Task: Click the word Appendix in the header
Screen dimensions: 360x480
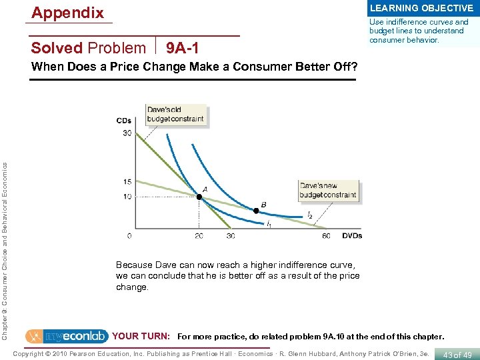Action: (68, 13)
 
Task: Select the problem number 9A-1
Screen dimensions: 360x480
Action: (182, 48)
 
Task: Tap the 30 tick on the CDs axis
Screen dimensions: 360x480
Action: (126, 133)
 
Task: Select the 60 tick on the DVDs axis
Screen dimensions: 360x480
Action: (326, 236)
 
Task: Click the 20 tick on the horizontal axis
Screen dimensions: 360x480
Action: (199, 236)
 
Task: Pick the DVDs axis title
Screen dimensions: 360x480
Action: (351, 236)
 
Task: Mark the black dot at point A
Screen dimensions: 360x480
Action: (199, 197)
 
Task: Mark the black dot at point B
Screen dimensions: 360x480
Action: (257, 211)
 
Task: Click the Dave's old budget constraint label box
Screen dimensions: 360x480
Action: (175, 114)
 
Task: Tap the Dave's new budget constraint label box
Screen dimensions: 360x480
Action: (328, 190)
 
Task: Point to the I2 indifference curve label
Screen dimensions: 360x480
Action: (309, 215)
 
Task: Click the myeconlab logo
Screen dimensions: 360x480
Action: (67, 337)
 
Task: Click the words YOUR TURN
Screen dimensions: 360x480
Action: (141, 337)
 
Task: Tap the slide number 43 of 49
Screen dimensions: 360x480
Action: (457, 355)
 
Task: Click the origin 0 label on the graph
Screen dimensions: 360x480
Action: (129, 236)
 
